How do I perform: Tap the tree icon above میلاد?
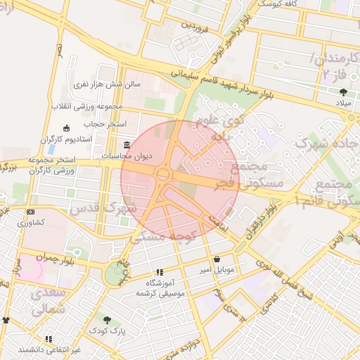(343, 92)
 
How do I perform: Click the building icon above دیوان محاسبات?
(127, 144)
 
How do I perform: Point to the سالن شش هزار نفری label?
(108, 84)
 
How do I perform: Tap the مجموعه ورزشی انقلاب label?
(86, 107)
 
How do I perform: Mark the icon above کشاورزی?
(30, 212)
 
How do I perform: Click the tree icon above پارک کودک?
(107, 320)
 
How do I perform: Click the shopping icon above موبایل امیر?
(216, 259)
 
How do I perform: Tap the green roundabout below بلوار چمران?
(112, 274)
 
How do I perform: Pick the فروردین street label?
(196, 27)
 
